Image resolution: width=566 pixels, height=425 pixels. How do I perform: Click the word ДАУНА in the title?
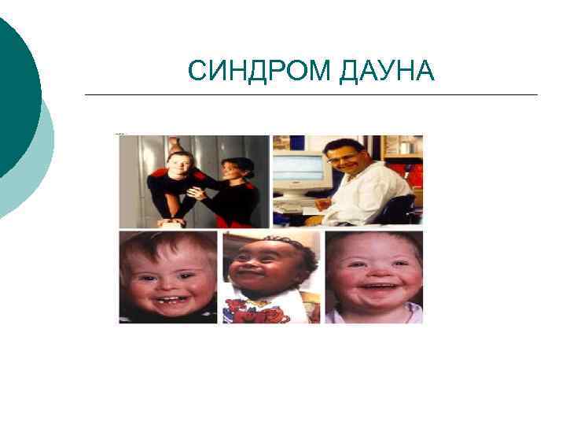tap(388, 72)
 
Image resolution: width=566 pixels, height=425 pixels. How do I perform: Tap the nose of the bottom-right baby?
tap(375, 275)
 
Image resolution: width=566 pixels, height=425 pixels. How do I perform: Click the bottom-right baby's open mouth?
tap(375, 294)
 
